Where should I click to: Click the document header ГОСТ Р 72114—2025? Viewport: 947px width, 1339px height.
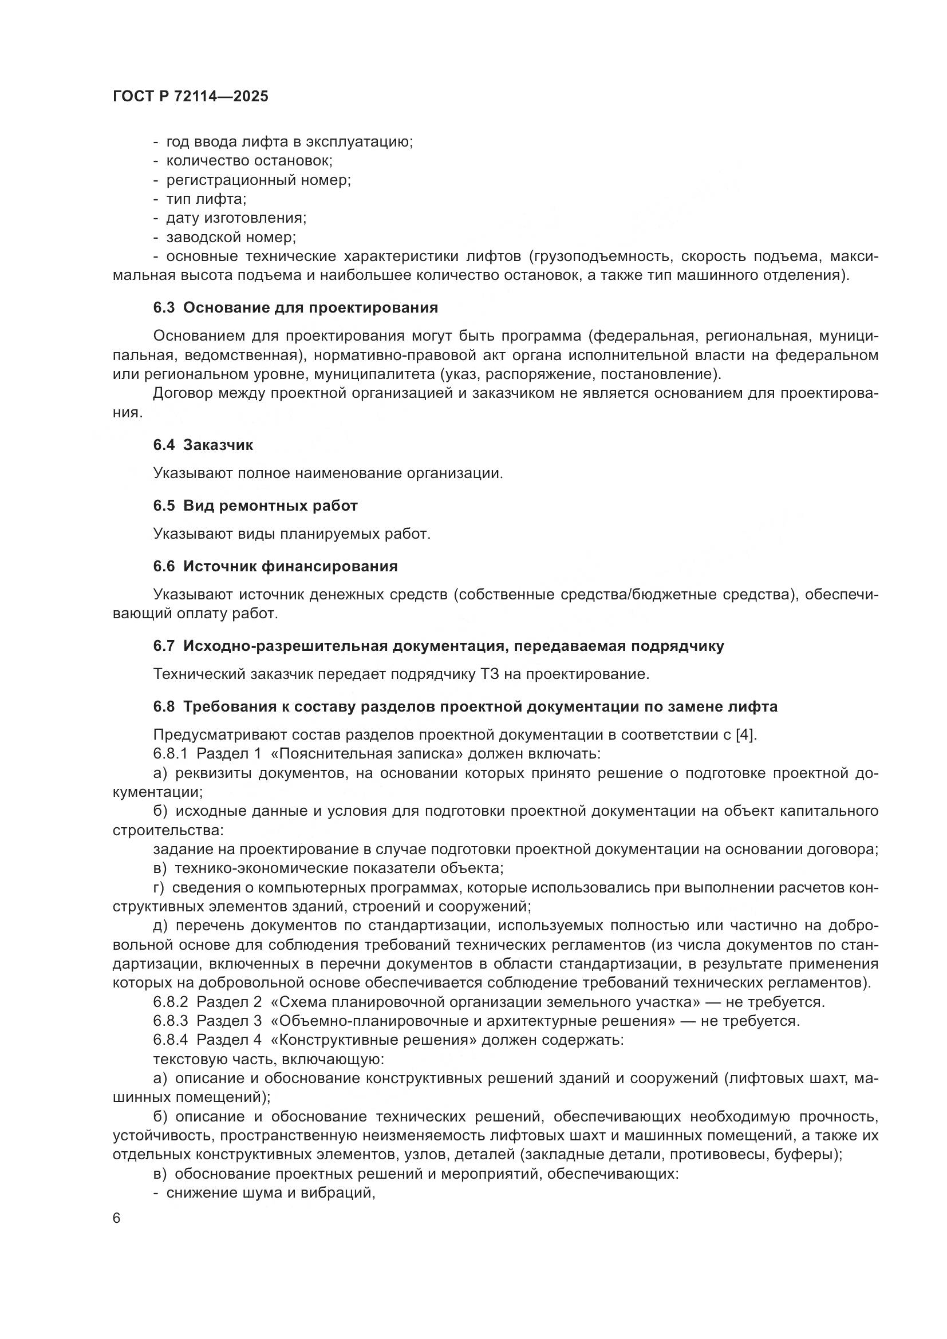pos(191,97)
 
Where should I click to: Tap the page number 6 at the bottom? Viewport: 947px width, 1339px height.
pos(117,1218)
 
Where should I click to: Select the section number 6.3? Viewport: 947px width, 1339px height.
pos(164,307)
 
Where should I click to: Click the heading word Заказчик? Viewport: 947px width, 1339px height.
pos(218,445)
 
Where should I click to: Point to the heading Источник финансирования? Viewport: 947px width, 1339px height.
pos(290,566)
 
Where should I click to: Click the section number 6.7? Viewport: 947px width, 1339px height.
pos(164,646)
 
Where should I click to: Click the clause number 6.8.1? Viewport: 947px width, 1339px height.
pos(170,753)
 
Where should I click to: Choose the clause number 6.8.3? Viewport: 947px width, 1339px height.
pos(170,1021)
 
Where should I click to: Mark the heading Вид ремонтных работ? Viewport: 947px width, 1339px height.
pos(270,505)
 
